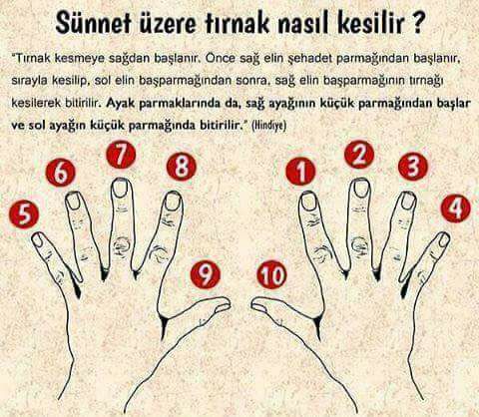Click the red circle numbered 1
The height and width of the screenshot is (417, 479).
click(x=300, y=172)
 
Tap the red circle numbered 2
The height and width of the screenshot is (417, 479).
click(x=359, y=155)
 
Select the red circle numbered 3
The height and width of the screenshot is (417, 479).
click(x=413, y=167)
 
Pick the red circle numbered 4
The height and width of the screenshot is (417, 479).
click(x=456, y=208)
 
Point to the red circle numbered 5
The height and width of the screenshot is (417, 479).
click(x=24, y=213)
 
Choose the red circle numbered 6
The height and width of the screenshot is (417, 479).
click(x=61, y=173)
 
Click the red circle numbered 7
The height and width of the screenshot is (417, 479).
click(x=121, y=155)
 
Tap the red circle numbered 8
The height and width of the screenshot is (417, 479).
click(x=182, y=167)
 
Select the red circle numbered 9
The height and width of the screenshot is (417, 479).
click(x=206, y=274)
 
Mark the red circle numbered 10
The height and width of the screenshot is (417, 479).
click(x=271, y=274)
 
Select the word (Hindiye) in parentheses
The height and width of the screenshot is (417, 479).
click(x=269, y=126)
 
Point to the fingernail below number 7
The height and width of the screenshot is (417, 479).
click(x=120, y=188)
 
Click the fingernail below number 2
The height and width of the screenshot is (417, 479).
click(x=361, y=188)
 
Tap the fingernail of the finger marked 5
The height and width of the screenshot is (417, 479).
click(x=39, y=239)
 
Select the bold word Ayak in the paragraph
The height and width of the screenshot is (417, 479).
click(x=120, y=104)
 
